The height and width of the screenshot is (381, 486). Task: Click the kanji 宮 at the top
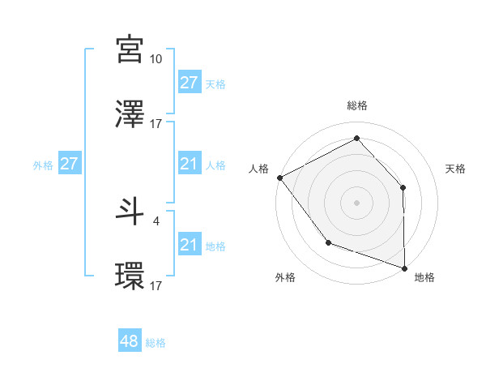pyautogui.click(x=130, y=49)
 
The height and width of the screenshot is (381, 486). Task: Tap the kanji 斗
pyautogui.click(x=130, y=211)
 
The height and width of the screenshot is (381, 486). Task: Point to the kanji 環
pyautogui.click(x=130, y=276)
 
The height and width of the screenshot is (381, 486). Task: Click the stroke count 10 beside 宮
pyautogui.click(x=156, y=59)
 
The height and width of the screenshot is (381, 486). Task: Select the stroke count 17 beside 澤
pyautogui.click(x=156, y=124)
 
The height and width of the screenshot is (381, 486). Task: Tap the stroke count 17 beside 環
pyautogui.click(x=156, y=285)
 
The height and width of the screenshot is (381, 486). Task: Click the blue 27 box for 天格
pyautogui.click(x=190, y=83)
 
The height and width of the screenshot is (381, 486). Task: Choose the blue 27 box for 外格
pyautogui.click(x=70, y=164)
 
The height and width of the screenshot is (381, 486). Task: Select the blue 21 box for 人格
pyautogui.click(x=190, y=164)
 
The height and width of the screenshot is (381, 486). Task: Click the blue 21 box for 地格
pyautogui.click(x=190, y=245)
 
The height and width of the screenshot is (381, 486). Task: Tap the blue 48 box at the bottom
pyautogui.click(x=130, y=341)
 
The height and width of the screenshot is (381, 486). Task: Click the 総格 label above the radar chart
pyautogui.click(x=357, y=105)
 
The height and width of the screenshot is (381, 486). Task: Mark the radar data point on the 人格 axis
pyautogui.click(x=279, y=177)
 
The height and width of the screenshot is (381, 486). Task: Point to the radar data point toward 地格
pyautogui.click(x=404, y=267)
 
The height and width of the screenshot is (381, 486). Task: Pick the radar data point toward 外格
pyautogui.click(x=328, y=242)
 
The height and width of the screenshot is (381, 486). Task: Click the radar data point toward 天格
pyautogui.click(x=403, y=187)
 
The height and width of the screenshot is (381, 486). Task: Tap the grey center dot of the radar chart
pyautogui.click(x=357, y=202)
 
